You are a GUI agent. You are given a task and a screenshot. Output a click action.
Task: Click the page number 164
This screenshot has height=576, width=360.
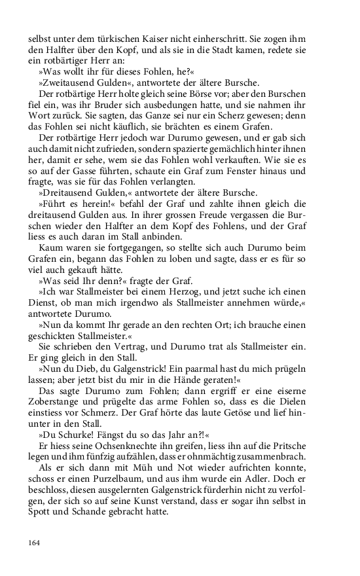33,542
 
